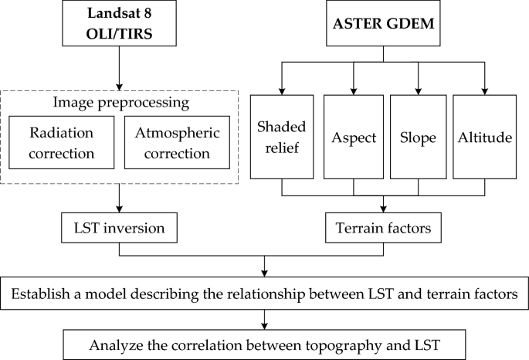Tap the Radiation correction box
tap(63, 143)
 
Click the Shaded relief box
tap(282, 138)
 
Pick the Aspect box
tap(354, 138)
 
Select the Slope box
tap(418, 138)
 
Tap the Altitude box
tap(484, 138)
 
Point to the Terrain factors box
tap(384, 228)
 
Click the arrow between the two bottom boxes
tap(265, 317)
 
